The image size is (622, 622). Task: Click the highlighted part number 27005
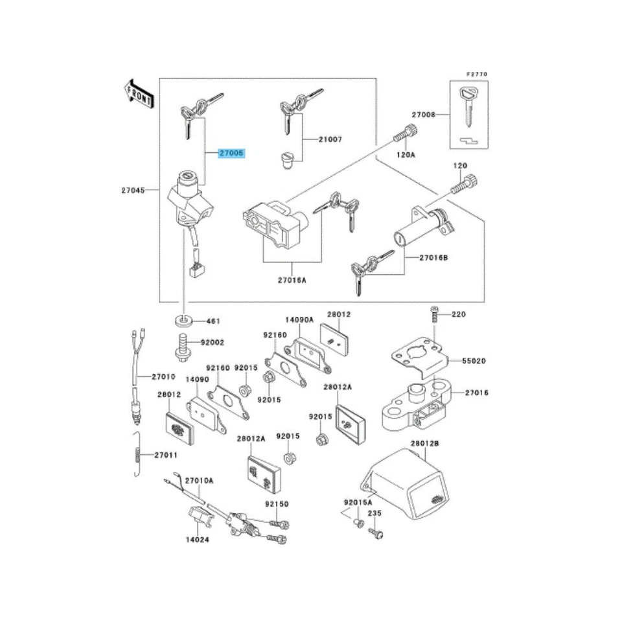(x=231, y=154)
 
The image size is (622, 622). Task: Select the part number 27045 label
(x=132, y=190)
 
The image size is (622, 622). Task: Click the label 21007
(x=330, y=139)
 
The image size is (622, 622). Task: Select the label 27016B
(x=434, y=257)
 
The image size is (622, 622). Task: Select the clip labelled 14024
(x=198, y=518)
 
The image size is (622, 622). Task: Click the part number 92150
(x=276, y=503)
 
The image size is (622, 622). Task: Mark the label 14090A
(x=299, y=319)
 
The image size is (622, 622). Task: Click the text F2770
(x=478, y=75)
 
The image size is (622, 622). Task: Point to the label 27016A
(x=292, y=281)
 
